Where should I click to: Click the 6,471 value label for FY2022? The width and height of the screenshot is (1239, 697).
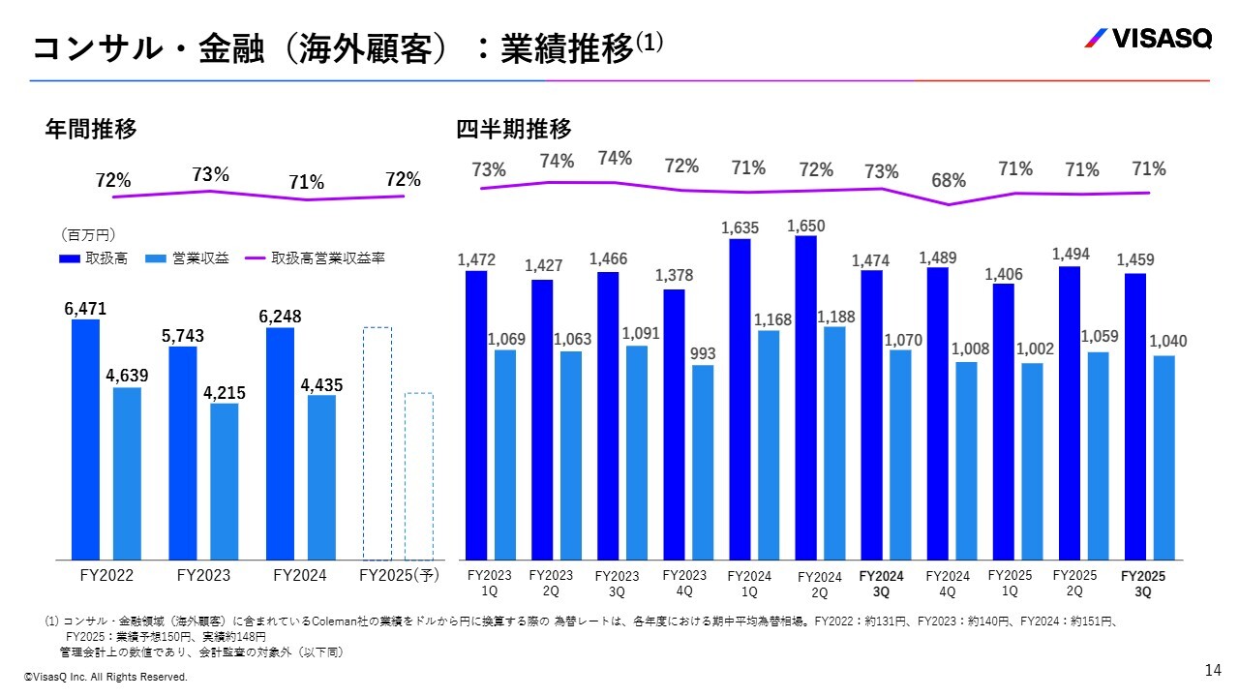[x=85, y=309]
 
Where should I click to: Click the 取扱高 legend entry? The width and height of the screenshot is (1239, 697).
[x=93, y=259]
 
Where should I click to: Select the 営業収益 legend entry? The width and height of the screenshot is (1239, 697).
[x=188, y=259]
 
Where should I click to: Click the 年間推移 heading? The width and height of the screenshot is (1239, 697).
[x=91, y=129]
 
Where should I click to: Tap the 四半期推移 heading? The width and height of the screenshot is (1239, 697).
[x=514, y=129]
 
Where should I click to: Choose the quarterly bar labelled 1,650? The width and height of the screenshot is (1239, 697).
[x=805, y=397]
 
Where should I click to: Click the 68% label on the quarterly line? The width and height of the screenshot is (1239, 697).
[x=949, y=180]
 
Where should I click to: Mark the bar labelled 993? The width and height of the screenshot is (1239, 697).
[x=703, y=462]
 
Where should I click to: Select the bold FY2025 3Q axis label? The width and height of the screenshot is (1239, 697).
[x=1143, y=584]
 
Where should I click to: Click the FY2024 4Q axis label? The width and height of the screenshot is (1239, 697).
[x=948, y=584]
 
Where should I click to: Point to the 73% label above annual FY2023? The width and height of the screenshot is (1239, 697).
[x=210, y=174]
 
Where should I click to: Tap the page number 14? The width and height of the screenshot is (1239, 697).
[x=1213, y=670]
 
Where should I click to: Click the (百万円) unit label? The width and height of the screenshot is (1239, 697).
[x=88, y=235]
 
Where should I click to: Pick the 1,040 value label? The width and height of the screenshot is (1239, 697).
[x=1168, y=342]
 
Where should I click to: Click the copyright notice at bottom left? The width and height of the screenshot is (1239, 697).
[x=106, y=678]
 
